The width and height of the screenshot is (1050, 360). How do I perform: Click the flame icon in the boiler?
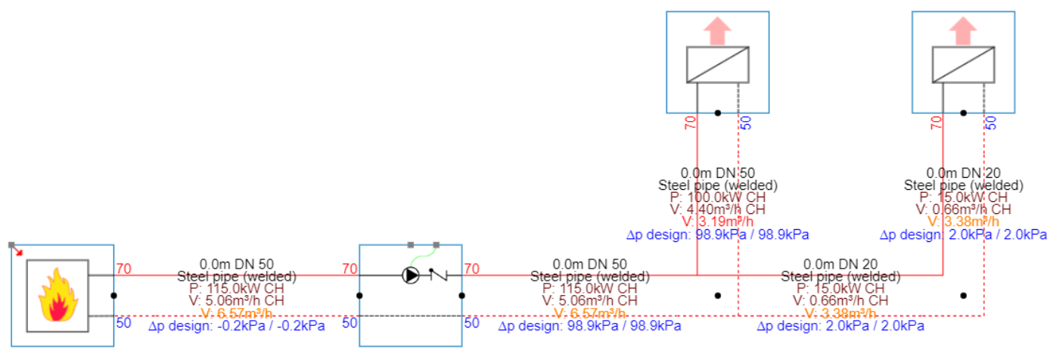[57, 296]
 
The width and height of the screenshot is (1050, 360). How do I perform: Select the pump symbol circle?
[411, 276]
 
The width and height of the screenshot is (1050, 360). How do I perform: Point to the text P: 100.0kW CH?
[718, 197]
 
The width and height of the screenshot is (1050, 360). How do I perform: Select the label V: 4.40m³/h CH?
[718, 209]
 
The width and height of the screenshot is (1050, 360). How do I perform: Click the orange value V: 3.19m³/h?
[718, 222]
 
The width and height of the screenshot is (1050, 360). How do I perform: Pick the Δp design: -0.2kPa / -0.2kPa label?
[237, 327]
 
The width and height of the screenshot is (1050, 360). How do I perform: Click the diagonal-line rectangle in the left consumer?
[717, 65]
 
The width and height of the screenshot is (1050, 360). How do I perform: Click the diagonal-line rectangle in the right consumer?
[962, 65]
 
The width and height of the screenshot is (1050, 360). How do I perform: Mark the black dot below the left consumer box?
[717, 113]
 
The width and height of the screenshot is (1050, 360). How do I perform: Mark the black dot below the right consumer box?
[962, 113]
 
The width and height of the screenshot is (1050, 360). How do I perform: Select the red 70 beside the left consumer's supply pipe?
[689, 123]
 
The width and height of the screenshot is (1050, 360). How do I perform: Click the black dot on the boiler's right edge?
[113, 296]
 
